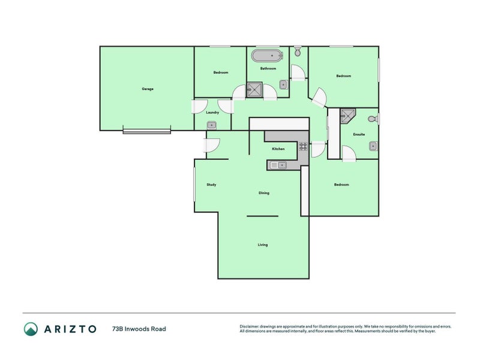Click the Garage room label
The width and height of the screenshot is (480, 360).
click(148, 89)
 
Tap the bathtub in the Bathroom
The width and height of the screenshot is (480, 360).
click(267, 56)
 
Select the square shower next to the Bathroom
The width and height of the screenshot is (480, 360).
click(254, 91)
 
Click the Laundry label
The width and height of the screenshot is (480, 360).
click(212, 112)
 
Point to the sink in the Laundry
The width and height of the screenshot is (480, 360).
click(212, 125)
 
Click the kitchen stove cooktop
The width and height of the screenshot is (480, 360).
click(303, 145)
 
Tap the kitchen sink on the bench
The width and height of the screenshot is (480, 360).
click(278, 165)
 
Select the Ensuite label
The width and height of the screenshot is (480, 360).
click(359, 134)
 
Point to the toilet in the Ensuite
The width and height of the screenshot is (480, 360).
click(373, 119)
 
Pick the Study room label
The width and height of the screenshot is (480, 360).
click(211, 184)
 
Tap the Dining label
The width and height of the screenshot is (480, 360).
click(264, 193)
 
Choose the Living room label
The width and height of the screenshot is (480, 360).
click(263, 245)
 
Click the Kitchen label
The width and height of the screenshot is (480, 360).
click(278, 149)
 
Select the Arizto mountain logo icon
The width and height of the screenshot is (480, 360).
click(31, 329)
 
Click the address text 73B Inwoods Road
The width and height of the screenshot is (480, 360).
click(139, 329)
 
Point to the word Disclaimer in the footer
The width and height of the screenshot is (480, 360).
click(251, 327)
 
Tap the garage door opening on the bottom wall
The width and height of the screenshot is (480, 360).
click(147, 130)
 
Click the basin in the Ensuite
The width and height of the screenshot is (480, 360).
click(373, 145)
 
